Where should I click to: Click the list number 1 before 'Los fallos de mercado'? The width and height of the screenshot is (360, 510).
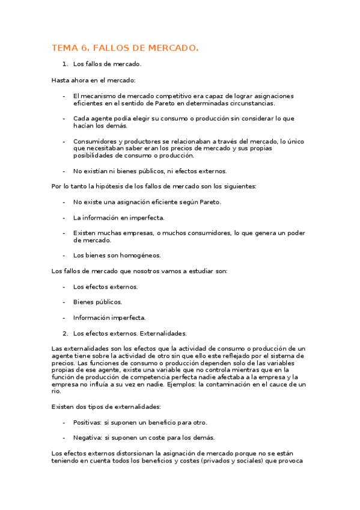(x=64, y=64)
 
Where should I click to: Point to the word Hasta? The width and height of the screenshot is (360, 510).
(x=61, y=80)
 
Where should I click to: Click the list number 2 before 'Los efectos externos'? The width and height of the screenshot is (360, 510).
(x=64, y=333)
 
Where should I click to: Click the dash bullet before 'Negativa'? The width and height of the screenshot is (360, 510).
(x=64, y=437)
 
